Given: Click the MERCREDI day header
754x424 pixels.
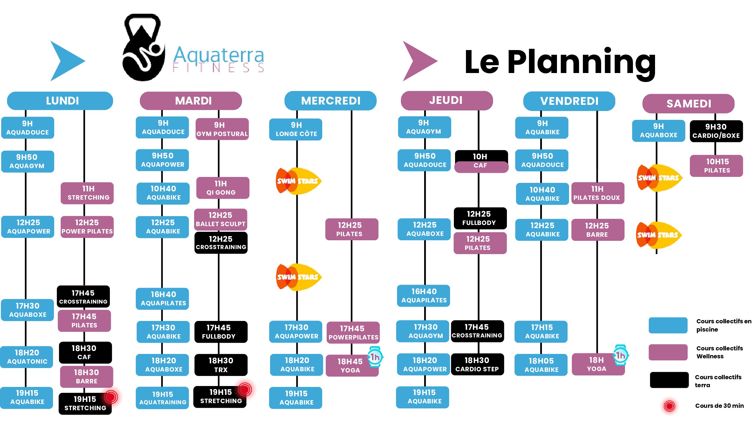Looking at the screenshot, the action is [x=330, y=101].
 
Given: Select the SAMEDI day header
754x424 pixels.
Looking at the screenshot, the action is [x=688, y=104].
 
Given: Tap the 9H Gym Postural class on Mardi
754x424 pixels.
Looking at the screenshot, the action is [x=222, y=129].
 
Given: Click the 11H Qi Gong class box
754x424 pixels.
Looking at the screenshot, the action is [x=223, y=188].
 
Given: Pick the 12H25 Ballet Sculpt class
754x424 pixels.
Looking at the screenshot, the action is [x=221, y=219].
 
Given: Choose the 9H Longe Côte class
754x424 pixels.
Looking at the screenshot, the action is [x=296, y=130].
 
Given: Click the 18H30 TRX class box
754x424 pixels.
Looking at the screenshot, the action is [x=221, y=365].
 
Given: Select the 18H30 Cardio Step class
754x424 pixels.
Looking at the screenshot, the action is [x=477, y=365].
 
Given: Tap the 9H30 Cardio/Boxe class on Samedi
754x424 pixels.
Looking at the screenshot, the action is [x=716, y=131].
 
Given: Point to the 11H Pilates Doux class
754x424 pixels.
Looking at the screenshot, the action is [x=598, y=193].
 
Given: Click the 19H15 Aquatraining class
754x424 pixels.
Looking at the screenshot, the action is [x=162, y=398].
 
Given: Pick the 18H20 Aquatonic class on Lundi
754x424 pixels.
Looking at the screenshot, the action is [x=27, y=357].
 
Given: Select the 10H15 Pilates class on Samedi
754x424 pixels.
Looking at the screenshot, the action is [x=716, y=166].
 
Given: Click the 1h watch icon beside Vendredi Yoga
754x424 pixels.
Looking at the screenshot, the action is [x=620, y=355].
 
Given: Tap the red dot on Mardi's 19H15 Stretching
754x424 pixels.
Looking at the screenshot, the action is [x=245, y=390].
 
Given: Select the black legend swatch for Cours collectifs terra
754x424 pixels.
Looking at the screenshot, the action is [x=669, y=380].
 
